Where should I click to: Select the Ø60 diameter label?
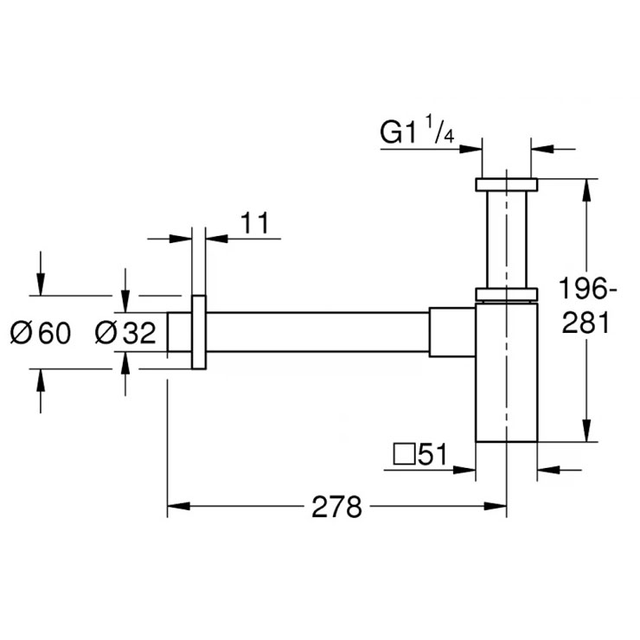[41, 332]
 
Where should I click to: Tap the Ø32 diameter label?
[125, 332]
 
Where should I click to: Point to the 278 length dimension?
[336, 507]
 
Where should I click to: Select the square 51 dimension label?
[419, 455]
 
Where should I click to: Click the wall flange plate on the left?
[199, 332]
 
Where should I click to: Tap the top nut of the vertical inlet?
[506, 184]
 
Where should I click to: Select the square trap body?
[506, 372]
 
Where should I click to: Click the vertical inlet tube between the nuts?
[506, 238]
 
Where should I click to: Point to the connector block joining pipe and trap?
[452, 332]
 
